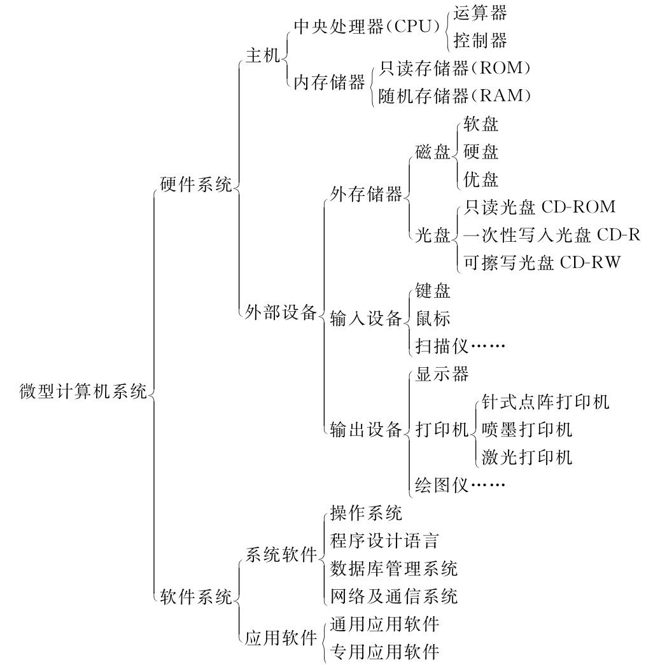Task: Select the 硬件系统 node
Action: tap(196, 185)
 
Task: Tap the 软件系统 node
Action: tap(196, 597)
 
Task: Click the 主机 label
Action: tap(263, 55)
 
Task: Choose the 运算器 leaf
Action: tap(480, 13)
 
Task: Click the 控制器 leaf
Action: tap(480, 41)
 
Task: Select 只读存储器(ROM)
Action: tap(454, 68)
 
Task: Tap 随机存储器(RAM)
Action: tap(454, 95)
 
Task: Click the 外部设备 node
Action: tap(281, 312)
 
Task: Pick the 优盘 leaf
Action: tap(481, 179)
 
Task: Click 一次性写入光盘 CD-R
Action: tap(552, 235)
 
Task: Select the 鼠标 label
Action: tap(433, 318)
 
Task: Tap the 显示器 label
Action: tap(442, 374)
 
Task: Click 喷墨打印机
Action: tap(527, 430)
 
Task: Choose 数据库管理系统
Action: tap(393, 569)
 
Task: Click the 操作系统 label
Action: tap(366, 513)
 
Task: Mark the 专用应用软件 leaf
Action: tap(384, 652)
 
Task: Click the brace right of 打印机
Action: tap(474, 430)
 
